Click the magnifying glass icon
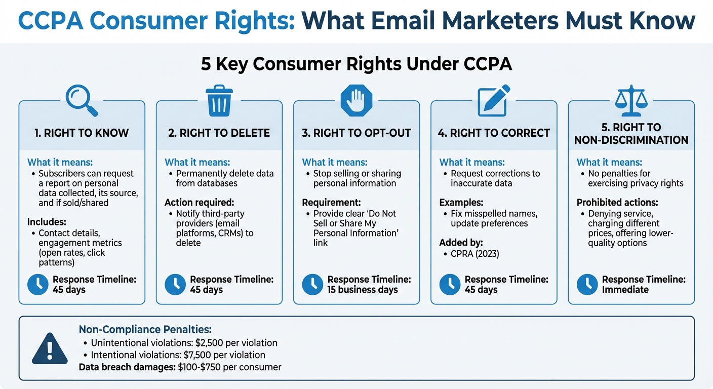[x=81, y=100]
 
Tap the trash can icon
[x=219, y=100]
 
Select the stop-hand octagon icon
[x=356, y=100]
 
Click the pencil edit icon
[x=493, y=100]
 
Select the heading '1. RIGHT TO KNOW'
[x=82, y=133]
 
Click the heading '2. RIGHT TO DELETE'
[x=219, y=133]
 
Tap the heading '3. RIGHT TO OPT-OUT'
[x=356, y=133]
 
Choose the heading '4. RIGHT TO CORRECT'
[x=494, y=133]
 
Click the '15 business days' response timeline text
[x=363, y=290]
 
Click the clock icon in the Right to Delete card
[x=175, y=285]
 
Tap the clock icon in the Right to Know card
[x=38, y=285]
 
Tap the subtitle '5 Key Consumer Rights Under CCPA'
[x=356, y=65]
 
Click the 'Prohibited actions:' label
[x=617, y=203]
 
